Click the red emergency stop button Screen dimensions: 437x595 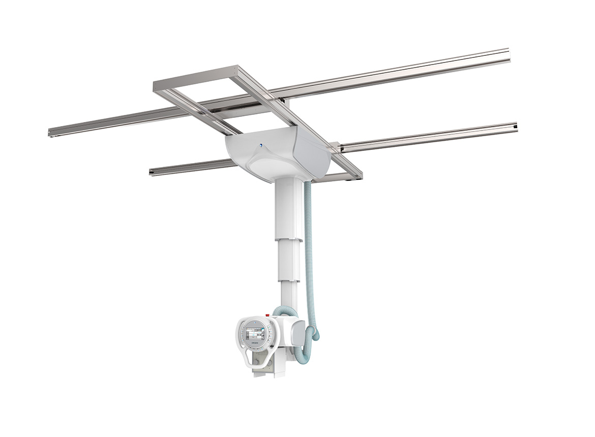coord(267,316)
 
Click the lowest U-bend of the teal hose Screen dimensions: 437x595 coord(304,361)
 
